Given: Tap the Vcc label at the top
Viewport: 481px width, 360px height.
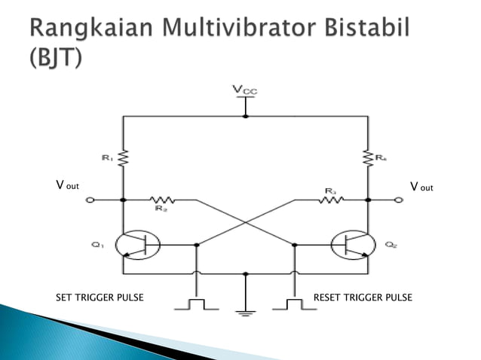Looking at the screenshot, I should coord(244,91).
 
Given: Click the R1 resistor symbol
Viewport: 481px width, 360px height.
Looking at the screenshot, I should coord(124,158).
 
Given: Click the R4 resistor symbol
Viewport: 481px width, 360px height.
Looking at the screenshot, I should coord(367,158).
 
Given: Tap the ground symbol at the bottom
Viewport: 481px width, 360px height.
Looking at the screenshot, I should coord(244,311).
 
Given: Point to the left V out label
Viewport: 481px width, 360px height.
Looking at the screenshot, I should coord(67,185).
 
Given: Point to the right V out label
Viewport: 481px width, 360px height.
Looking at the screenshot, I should coord(421,185).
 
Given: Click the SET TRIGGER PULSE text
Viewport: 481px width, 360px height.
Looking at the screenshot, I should coord(100,297).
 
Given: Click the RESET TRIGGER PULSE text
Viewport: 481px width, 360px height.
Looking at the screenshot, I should coord(363,297).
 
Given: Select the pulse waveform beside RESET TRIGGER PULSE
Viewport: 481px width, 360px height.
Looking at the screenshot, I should coord(289,304).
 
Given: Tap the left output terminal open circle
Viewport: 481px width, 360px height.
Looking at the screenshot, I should coord(90,200).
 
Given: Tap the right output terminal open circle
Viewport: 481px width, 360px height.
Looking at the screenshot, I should coord(399,200).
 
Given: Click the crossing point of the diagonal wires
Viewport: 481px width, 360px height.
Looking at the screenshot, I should coord(245,222).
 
